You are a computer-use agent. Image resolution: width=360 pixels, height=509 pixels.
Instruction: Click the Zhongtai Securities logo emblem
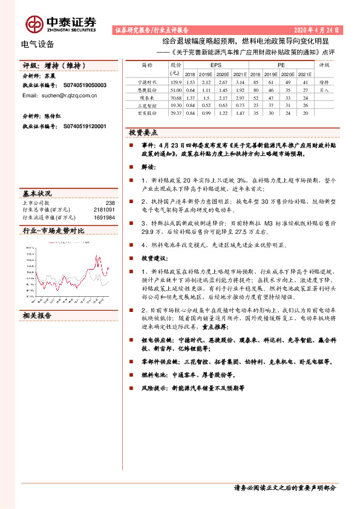tap(33, 24)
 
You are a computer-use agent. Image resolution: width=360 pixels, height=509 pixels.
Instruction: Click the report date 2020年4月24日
tap(317, 29)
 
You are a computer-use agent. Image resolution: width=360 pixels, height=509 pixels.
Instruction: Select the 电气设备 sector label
tap(38, 44)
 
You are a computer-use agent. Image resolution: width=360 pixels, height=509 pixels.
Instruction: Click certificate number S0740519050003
tap(85, 86)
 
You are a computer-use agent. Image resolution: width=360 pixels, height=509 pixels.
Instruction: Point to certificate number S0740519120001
tap(85, 126)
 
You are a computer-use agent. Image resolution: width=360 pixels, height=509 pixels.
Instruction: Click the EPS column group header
tap(215, 64)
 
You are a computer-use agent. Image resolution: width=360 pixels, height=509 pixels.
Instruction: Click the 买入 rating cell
tap(324, 89)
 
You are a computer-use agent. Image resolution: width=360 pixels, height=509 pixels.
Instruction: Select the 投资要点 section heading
tap(143, 132)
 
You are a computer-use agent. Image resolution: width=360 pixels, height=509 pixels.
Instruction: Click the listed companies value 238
tap(110, 203)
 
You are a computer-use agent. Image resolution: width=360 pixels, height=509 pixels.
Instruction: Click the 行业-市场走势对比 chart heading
tap(53, 230)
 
